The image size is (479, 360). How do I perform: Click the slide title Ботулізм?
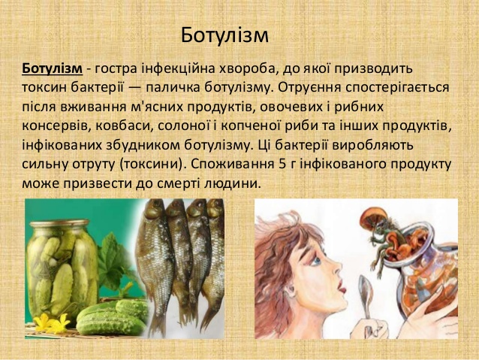[224, 35]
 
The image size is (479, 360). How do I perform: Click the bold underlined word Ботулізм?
[53, 68]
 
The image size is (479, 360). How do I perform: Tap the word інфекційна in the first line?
[178, 69]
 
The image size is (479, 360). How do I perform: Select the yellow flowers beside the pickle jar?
[51, 322]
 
